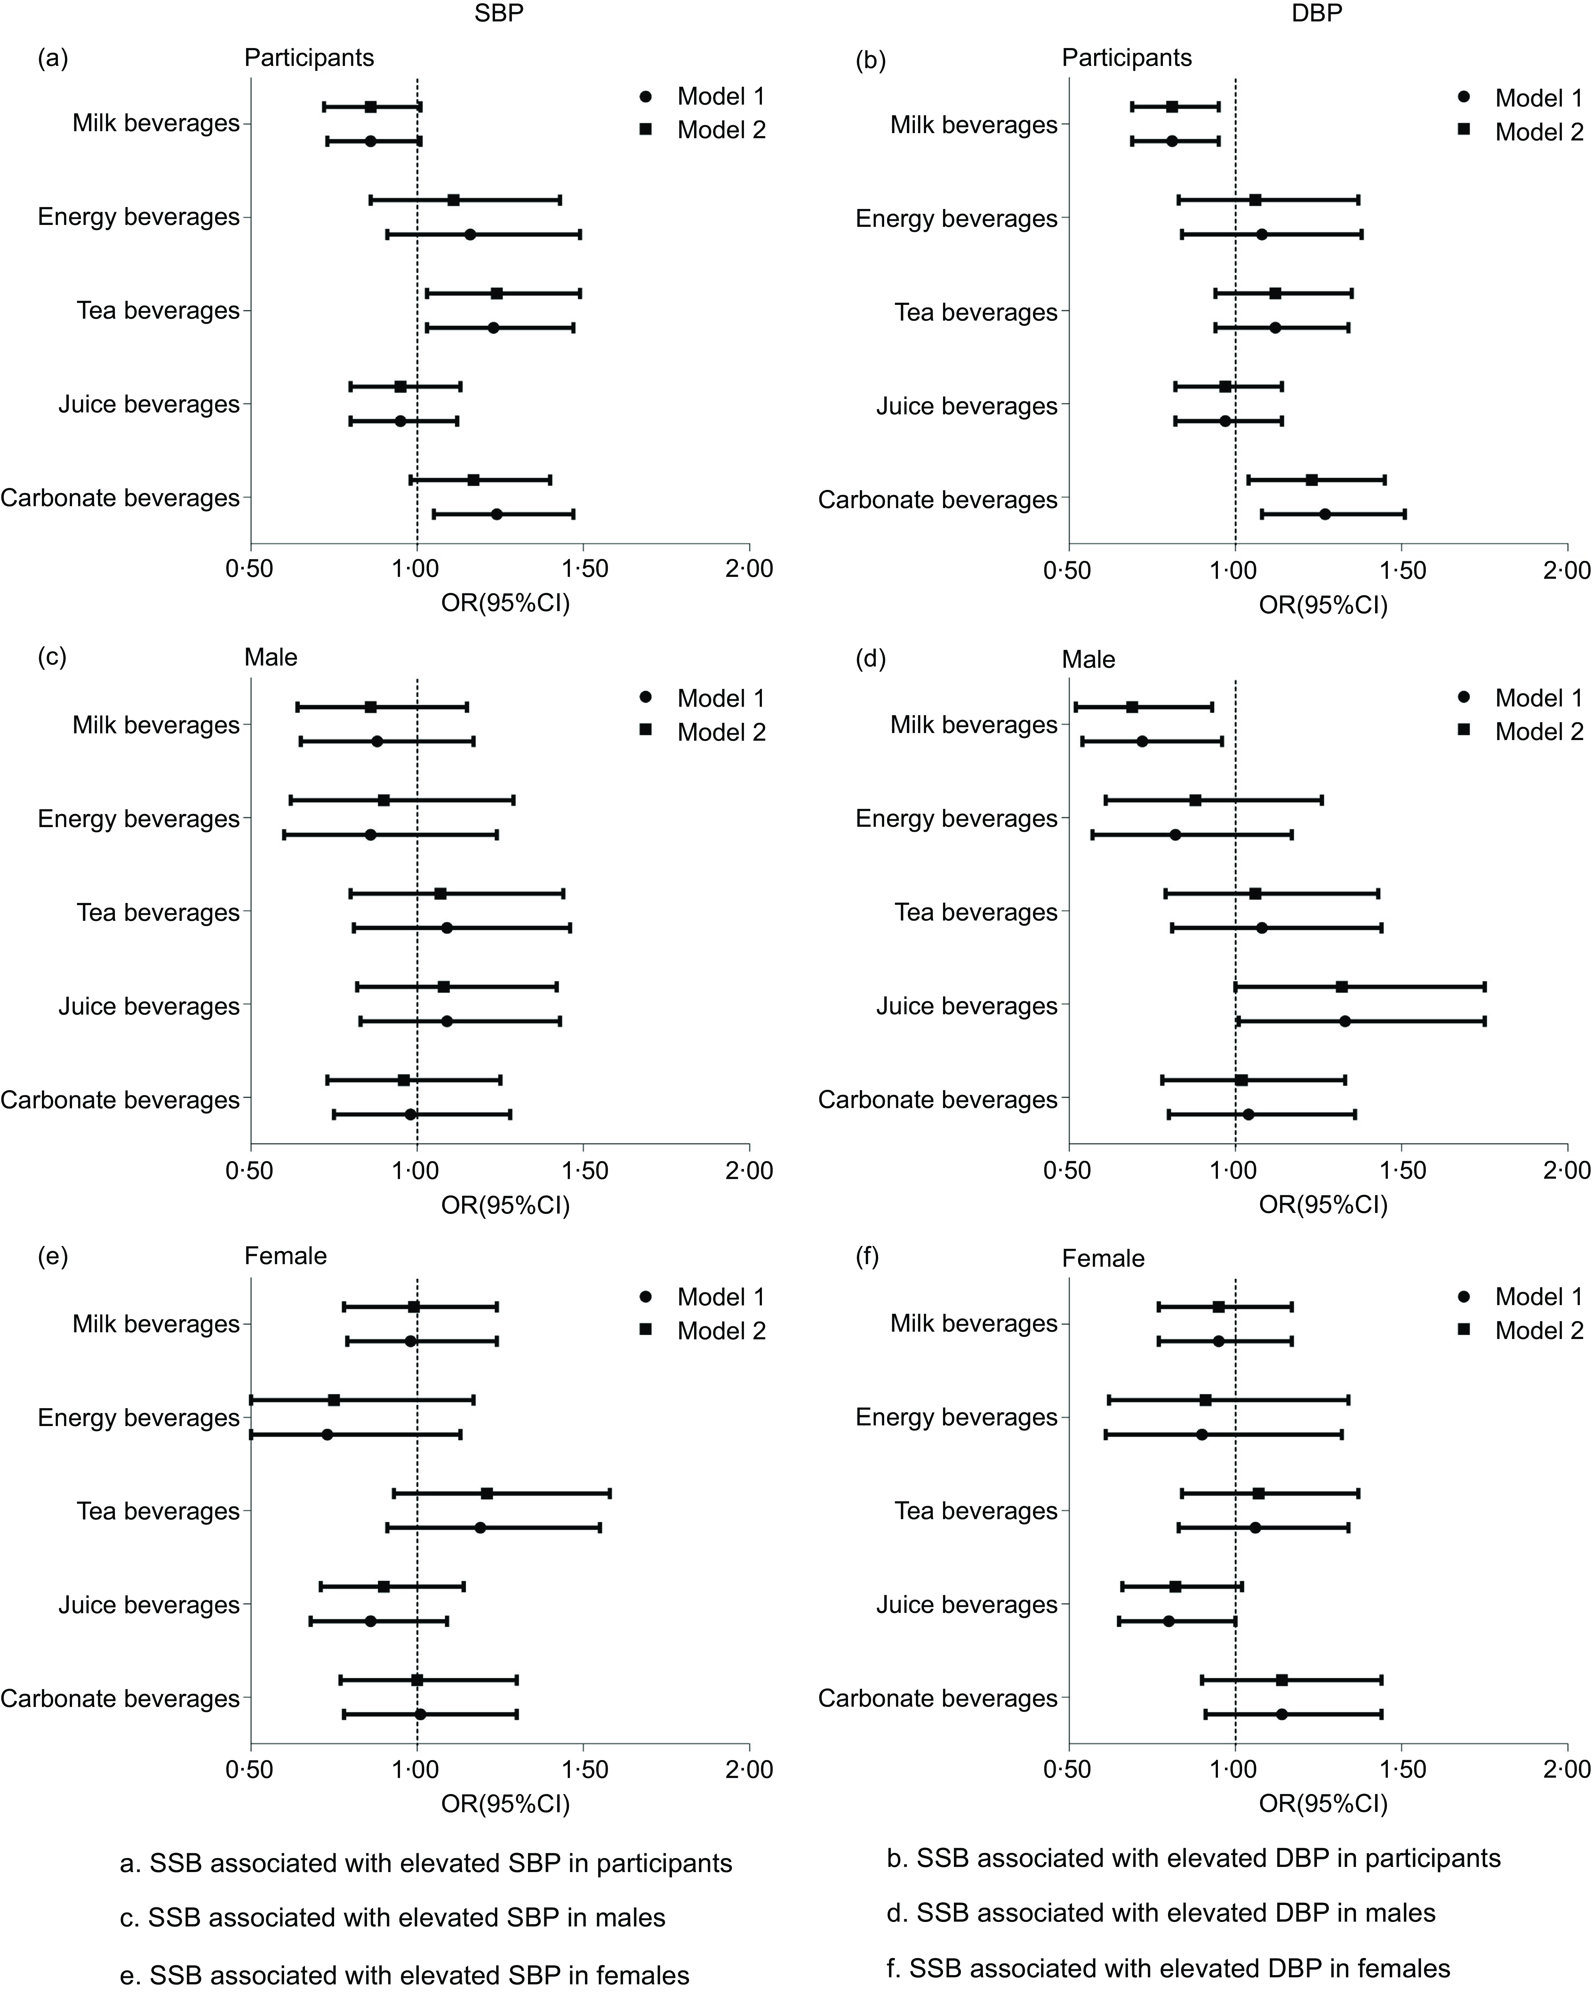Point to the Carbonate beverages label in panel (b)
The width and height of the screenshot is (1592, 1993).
938,500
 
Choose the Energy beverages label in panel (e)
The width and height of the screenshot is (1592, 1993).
139,1418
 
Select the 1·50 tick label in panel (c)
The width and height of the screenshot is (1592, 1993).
583,1170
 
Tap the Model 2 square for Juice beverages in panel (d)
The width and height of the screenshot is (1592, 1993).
1341,987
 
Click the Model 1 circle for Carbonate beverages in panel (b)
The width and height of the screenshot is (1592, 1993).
1325,514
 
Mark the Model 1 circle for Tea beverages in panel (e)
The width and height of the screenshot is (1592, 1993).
480,1527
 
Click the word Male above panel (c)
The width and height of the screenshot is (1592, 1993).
271,657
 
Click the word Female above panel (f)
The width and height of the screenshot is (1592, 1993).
1103,1258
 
